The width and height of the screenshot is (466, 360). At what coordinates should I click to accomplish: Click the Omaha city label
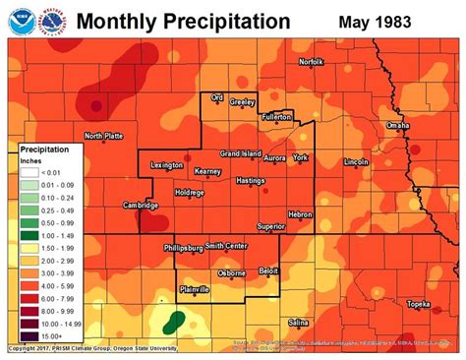[x=397, y=126]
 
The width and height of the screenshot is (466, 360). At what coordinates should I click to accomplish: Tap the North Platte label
[x=105, y=137]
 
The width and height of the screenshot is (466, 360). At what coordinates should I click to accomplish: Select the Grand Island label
[x=240, y=154]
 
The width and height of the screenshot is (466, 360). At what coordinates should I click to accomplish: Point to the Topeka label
[x=420, y=304]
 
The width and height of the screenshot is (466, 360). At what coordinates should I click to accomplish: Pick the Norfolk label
[x=311, y=62]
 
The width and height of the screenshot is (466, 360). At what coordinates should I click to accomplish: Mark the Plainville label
[x=200, y=289]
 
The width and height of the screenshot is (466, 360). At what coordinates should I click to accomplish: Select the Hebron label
[x=300, y=214]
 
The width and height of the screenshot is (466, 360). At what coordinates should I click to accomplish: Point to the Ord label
[x=218, y=97]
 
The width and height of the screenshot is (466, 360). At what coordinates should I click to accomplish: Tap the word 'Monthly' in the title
[x=116, y=21]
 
